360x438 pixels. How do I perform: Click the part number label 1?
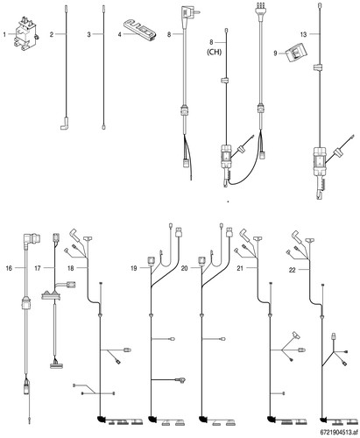(x=4, y=35)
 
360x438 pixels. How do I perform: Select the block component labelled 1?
(x=25, y=34)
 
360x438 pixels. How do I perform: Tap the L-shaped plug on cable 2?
(x=65, y=124)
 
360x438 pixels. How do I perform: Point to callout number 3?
(x=89, y=34)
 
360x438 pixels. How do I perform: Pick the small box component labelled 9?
(x=296, y=53)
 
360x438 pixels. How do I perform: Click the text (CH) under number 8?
(x=214, y=53)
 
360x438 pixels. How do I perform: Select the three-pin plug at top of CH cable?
(x=259, y=10)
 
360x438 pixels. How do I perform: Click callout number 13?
(x=304, y=34)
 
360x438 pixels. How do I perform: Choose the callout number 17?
(x=38, y=268)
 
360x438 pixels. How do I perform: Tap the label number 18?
(x=71, y=268)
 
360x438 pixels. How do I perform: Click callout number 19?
(x=134, y=268)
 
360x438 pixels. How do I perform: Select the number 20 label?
(x=184, y=268)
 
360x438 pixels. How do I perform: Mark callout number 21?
(x=240, y=268)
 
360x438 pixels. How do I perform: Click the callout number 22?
(x=293, y=271)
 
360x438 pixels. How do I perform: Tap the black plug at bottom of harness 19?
(x=152, y=420)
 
